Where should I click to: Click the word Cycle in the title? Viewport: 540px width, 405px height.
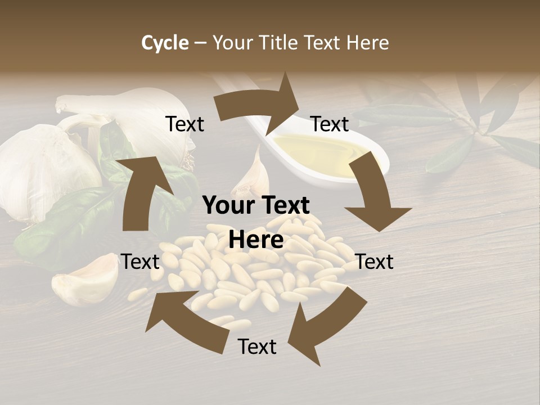[165, 43]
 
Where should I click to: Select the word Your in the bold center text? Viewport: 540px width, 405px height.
[228, 206]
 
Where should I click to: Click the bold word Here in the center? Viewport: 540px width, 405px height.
[256, 240]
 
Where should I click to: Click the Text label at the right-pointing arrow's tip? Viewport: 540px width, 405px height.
[330, 124]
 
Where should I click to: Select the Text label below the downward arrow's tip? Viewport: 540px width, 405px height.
[375, 262]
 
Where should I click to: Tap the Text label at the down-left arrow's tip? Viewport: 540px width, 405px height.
[257, 346]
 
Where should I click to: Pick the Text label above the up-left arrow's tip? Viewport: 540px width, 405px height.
[141, 262]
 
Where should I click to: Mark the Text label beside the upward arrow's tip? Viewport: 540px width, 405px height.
[184, 124]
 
